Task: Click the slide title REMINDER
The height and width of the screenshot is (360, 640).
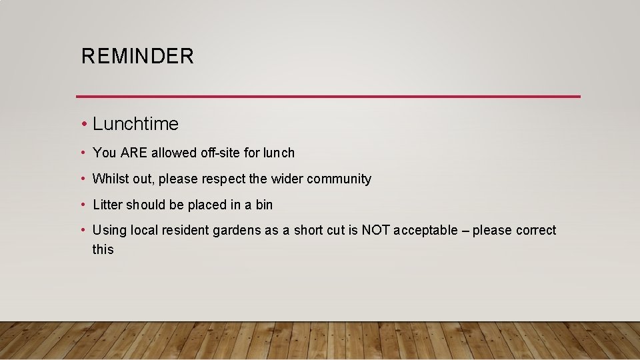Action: [x=137, y=56]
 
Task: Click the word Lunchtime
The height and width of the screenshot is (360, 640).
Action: [x=135, y=124]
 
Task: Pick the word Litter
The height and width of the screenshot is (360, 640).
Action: [x=107, y=205]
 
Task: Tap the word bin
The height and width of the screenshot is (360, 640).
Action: [x=264, y=205]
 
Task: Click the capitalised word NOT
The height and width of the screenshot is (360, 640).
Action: [x=376, y=231]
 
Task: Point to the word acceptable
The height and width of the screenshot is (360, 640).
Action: [x=425, y=231]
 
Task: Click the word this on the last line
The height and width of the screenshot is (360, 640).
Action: [x=103, y=250]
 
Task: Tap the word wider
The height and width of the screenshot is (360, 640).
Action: [x=286, y=179]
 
